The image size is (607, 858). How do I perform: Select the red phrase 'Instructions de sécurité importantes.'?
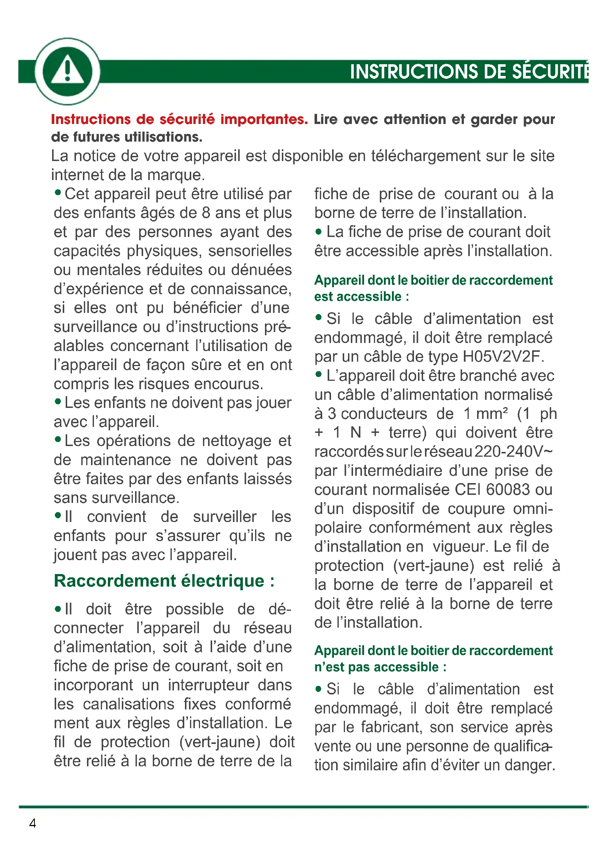[179, 120]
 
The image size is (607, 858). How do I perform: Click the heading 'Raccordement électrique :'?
[164, 581]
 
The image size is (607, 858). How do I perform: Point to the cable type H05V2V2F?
[503, 357]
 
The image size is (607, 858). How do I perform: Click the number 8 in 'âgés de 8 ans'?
[206, 213]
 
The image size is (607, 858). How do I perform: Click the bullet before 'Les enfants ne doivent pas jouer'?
[58, 401]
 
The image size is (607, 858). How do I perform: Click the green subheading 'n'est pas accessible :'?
[380, 667]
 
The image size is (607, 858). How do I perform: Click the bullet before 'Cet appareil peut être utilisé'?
[58, 193]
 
